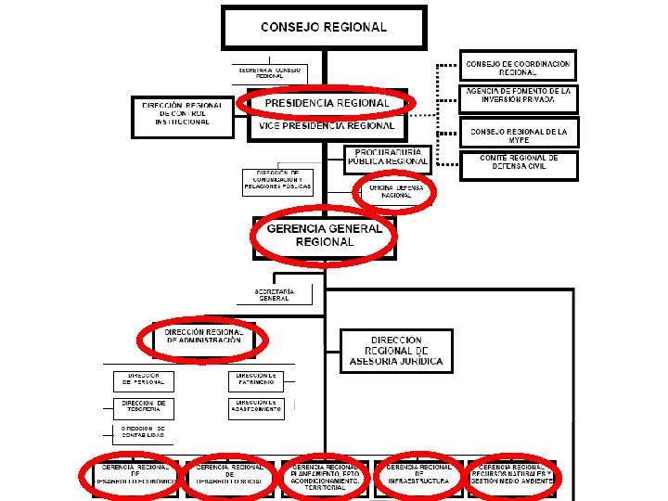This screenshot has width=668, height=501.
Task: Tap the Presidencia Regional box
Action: [326, 102]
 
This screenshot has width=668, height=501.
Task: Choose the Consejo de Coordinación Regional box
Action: [518, 67]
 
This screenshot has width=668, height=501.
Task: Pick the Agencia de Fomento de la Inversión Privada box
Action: [518, 96]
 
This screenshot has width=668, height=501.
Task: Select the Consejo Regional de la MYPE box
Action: [518, 132]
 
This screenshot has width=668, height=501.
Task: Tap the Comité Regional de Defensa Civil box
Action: [518, 164]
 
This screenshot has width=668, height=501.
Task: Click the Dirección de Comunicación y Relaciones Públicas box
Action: [278, 181]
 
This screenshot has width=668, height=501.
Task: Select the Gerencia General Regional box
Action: [323, 236]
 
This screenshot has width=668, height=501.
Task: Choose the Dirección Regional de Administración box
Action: [203, 337]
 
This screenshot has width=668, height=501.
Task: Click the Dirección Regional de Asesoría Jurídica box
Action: [396, 351]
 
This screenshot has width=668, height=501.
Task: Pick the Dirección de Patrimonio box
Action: [257, 380]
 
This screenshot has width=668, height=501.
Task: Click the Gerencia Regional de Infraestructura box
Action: [418, 475]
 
